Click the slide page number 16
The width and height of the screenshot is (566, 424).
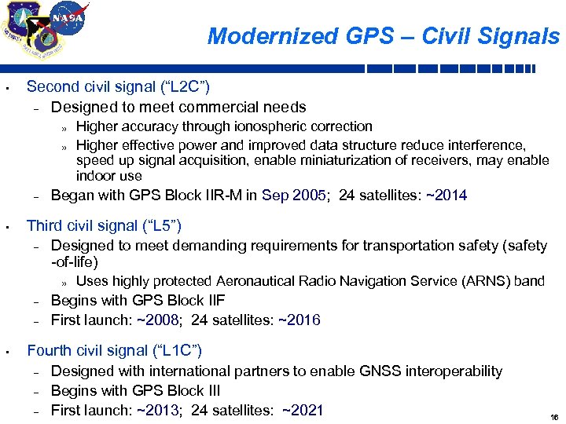(553, 417)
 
